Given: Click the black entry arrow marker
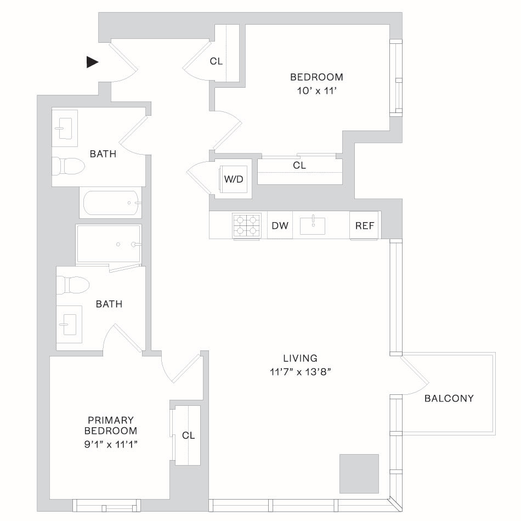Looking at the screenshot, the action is click(x=92, y=62).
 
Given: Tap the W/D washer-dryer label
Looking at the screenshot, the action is click(x=234, y=179).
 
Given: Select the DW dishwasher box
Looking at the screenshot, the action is click(x=280, y=225).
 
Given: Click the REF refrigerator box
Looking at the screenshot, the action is click(x=364, y=225).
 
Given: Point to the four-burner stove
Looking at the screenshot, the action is click(x=246, y=225).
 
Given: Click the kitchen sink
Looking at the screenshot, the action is click(x=313, y=225).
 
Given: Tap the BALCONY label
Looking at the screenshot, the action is click(x=449, y=398).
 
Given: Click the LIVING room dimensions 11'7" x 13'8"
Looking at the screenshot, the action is click(x=301, y=372).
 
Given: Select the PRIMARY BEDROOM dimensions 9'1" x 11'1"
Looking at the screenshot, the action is click(x=111, y=444).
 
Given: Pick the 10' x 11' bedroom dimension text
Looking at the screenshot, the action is click(x=317, y=90).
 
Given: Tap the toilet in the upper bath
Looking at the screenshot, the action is click(x=69, y=166).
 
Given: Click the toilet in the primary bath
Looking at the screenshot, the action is click(x=73, y=285).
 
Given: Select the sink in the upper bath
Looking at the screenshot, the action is click(x=65, y=128).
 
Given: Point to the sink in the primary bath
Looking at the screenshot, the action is click(x=69, y=324).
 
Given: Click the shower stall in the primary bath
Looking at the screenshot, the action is click(x=109, y=244).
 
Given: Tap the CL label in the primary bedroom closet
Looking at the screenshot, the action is click(x=189, y=435).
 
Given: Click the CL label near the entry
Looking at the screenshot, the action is click(x=216, y=61).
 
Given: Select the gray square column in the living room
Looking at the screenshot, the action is click(x=359, y=473).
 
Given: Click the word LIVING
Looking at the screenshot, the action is click(x=301, y=358).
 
